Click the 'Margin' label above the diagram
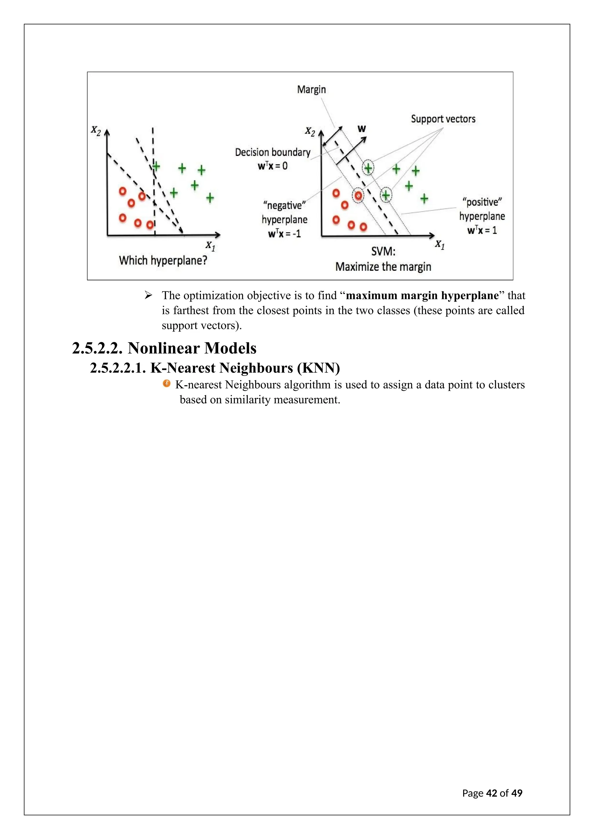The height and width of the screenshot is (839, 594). pyautogui.click(x=311, y=90)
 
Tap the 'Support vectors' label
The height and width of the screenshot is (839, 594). pyautogui.click(x=443, y=119)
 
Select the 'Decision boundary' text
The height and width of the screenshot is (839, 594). pyautogui.click(x=273, y=152)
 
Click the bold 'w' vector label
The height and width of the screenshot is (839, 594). pyautogui.click(x=361, y=129)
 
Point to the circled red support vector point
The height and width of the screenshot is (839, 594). pyautogui.click(x=358, y=196)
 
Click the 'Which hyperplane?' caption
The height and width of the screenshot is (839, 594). pyautogui.click(x=163, y=260)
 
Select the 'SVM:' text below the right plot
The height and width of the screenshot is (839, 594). pyautogui.click(x=383, y=251)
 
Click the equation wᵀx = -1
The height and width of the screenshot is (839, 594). pyautogui.click(x=284, y=234)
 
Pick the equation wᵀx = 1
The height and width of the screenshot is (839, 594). pyautogui.click(x=482, y=230)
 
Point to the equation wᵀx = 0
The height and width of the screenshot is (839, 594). pyautogui.click(x=273, y=166)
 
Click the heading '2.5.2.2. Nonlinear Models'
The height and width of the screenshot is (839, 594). pyautogui.click(x=164, y=348)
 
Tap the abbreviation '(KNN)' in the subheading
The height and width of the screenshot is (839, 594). pyautogui.click(x=318, y=368)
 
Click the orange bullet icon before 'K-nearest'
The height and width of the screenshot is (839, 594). pyautogui.click(x=167, y=383)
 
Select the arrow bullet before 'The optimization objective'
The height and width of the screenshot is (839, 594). pyautogui.click(x=148, y=295)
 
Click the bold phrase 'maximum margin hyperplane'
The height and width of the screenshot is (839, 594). pyautogui.click(x=422, y=295)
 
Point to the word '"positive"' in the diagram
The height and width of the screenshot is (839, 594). pyautogui.click(x=482, y=202)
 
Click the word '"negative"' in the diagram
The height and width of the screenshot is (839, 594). pyautogui.click(x=284, y=205)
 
